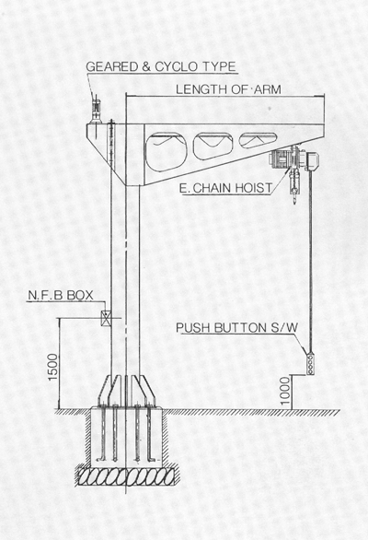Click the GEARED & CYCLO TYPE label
[x=161, y=66]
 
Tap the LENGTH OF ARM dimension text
[x=228, y=89]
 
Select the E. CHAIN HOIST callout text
[x=226, y=188]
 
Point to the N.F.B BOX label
[x=61, y=295]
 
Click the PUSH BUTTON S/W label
[x=237, y=328]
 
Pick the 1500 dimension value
[x=53, y=367]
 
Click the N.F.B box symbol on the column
[x=106, y=318]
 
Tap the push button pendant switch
[x=310, y=364]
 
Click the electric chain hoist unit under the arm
[x=294, y=159]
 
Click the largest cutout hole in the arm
[x=167, y=151]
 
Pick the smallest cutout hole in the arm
[x=258, y=140]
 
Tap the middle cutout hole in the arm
[x=213, y=146]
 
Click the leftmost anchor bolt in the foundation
[x=103, y=433]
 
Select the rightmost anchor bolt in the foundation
[x=150, y=433]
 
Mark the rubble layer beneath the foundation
[x=127, y=476]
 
